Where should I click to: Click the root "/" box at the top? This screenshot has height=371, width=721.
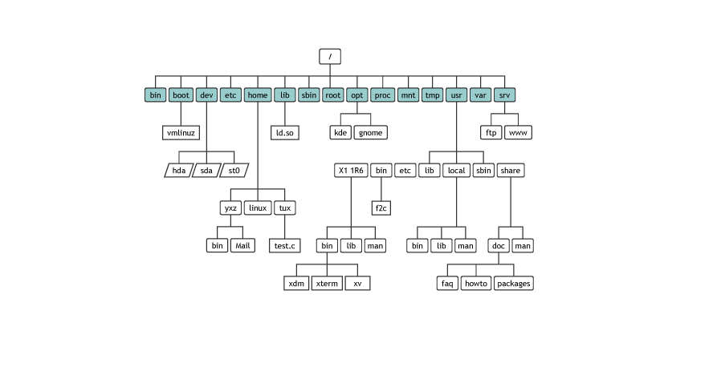pos(330,56)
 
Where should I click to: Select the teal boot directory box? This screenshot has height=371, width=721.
pos(181,95)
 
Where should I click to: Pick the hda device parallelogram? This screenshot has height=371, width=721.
pos(177,170)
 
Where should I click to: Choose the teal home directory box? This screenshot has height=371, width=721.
pos(258,95)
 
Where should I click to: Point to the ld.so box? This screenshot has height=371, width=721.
pos(284,132)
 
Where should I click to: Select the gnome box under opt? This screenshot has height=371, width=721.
pos(369,132)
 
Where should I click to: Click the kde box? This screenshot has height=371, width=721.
pos(340,132)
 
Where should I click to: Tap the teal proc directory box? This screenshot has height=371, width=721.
pos(383,95)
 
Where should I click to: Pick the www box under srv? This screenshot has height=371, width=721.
pos(520,132)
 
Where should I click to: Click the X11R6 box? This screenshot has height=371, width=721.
pos(351,170)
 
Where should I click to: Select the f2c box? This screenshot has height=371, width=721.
pos(381,208)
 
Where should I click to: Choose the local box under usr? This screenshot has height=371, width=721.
pos(456,170)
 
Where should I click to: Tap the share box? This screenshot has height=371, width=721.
pos(511,170)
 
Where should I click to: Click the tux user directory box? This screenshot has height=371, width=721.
pos(284,208)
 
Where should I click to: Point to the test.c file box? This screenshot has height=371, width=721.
pos(284,245)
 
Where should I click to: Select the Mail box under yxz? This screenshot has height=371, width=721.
pos(243,245)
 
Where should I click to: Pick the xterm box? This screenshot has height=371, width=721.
pos(326,283)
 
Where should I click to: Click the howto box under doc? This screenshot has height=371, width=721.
pos(475,283)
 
